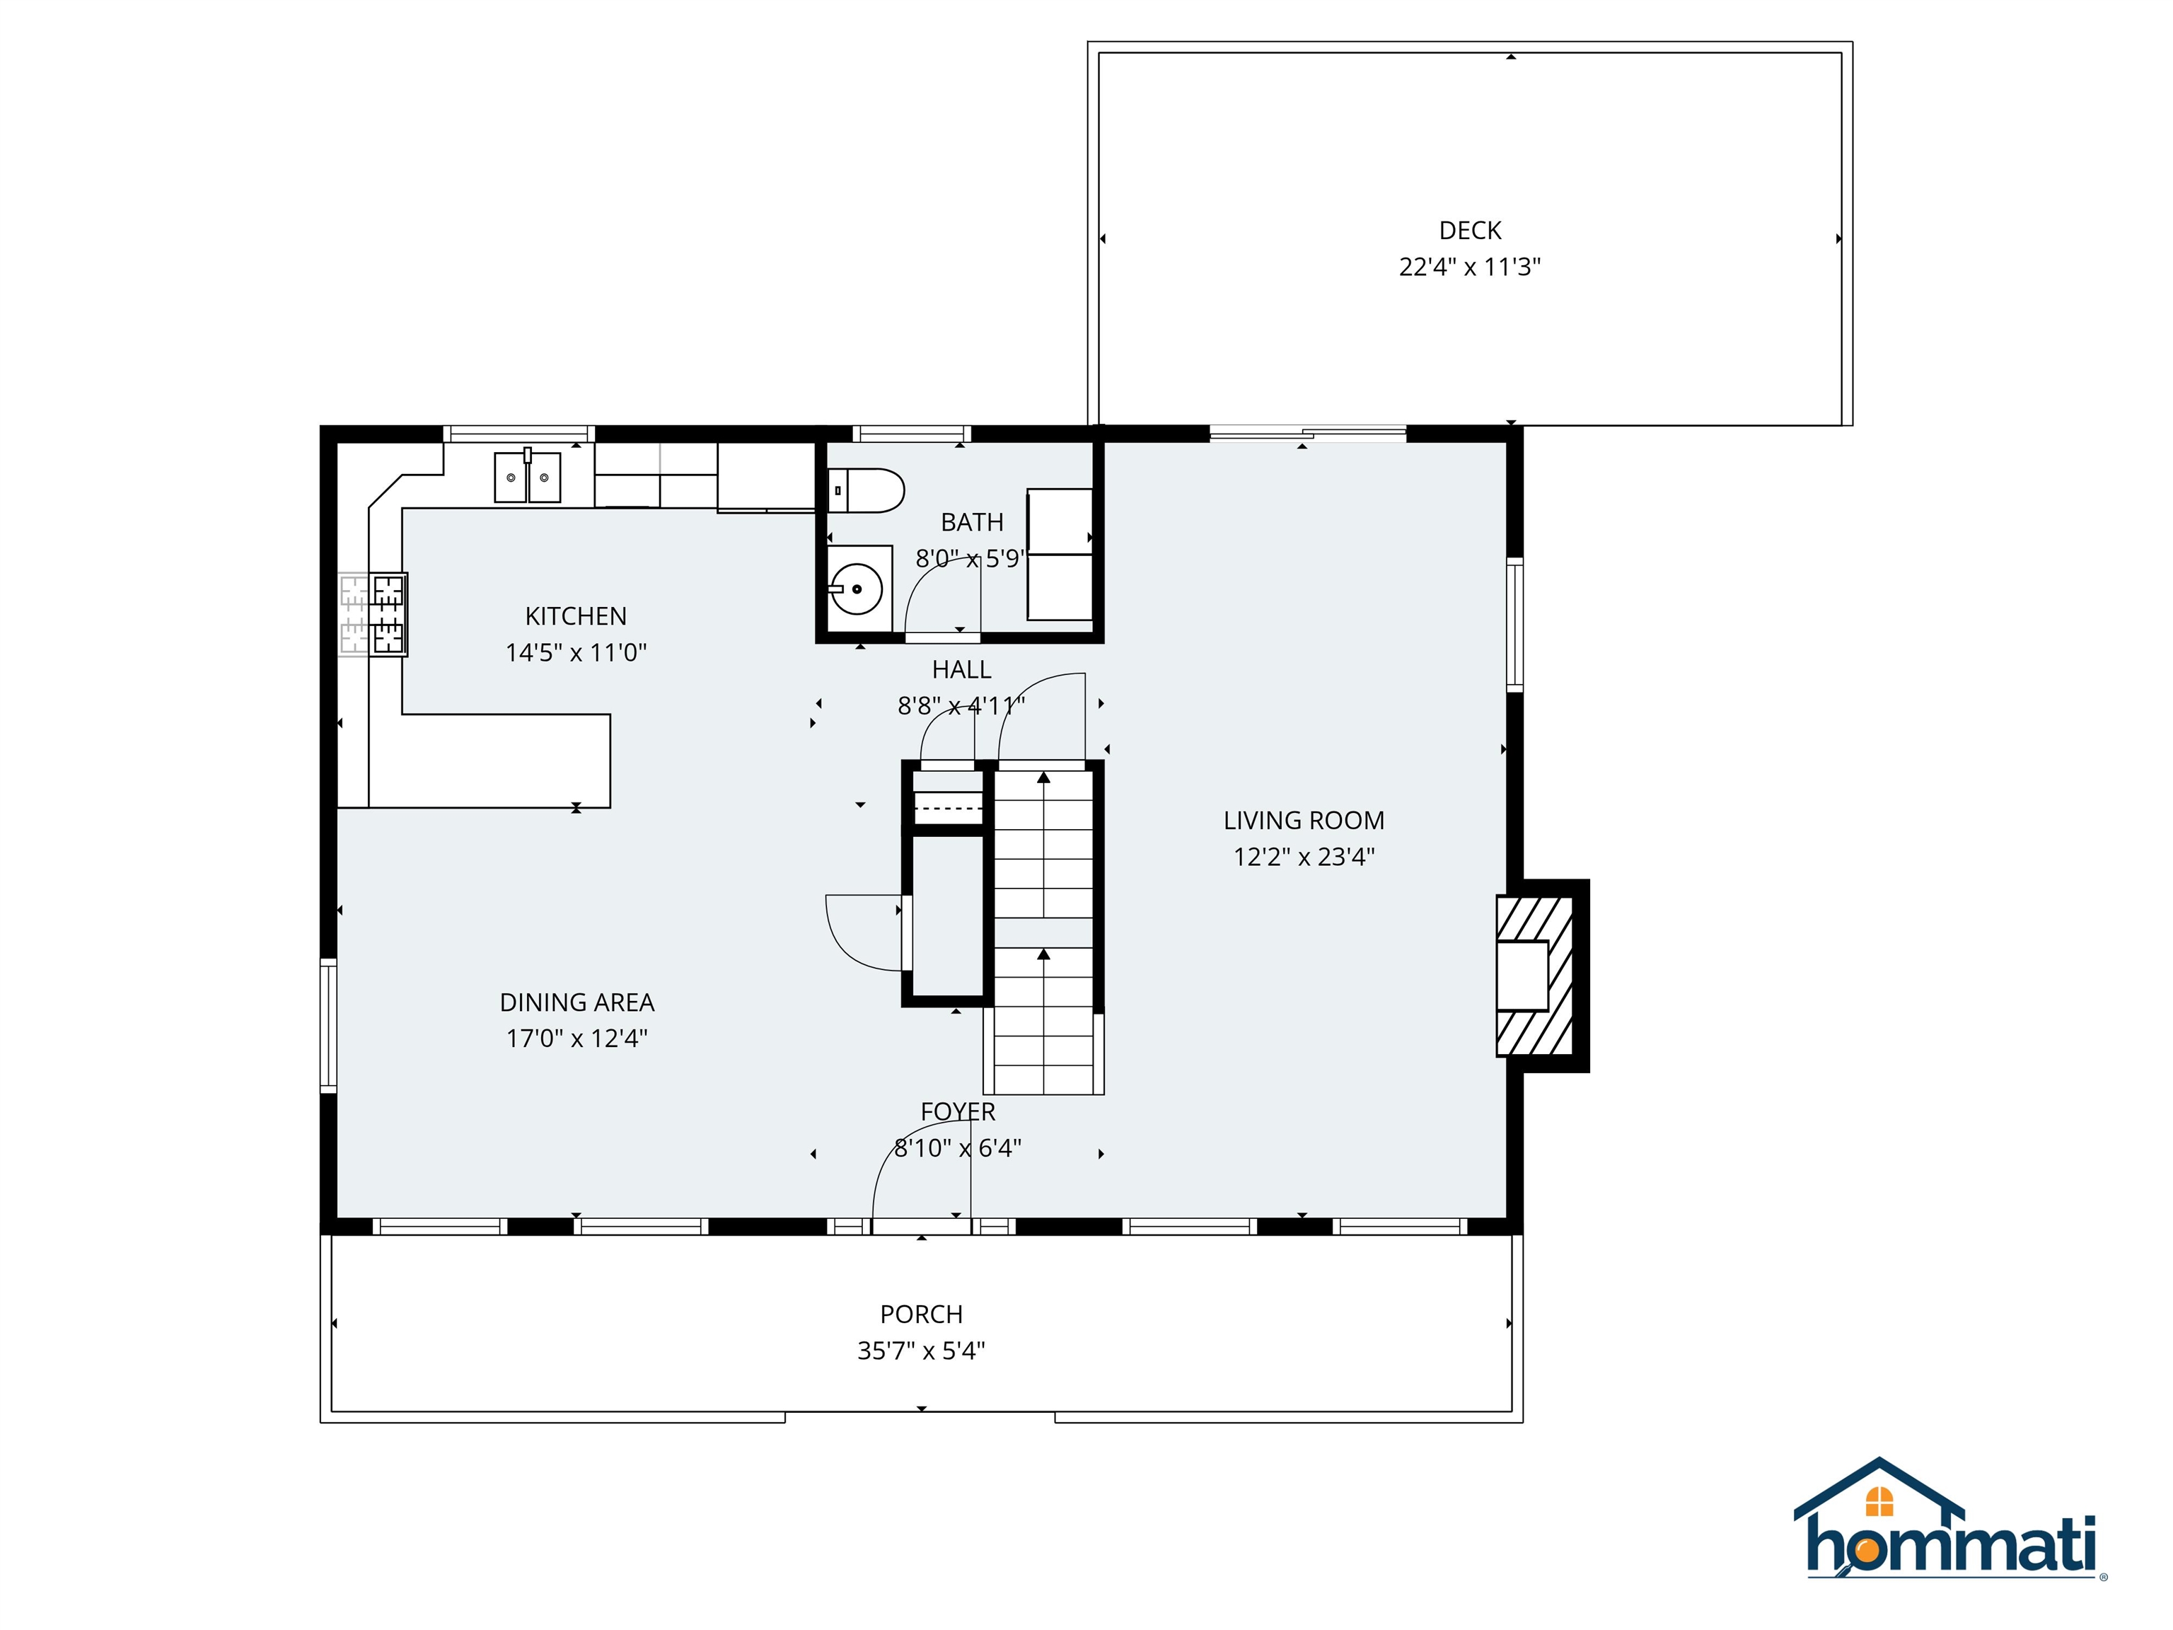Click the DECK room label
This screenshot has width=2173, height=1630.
pyautogui.click(x=1470, y=231)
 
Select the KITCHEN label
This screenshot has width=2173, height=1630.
pyautogui.click(x=576, y=616)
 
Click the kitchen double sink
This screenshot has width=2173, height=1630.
pyautogui.click(x=528, y=478)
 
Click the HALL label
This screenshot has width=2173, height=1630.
pyautogui.click(x=962, y=670)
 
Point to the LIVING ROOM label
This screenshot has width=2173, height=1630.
pyautogui.click(x=1304, y=821)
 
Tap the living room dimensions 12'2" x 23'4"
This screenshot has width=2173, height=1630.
pyautogui.click(x=1304, y=857)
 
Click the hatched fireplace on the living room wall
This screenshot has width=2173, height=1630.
pyautogui.click(x=1534, y=976)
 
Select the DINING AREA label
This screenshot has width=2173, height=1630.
pyautogui.click(x=576, y=1002)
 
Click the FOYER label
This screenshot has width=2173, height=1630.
pyautogui.click(x=958, y=1111)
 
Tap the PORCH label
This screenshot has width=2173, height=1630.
pyautogui.click(x=922, y=1314)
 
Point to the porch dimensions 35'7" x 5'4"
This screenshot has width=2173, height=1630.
pyautogui.click(x=922, y=1351)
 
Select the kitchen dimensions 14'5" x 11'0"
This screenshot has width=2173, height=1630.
pyautogui.click(x=576, y=652)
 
